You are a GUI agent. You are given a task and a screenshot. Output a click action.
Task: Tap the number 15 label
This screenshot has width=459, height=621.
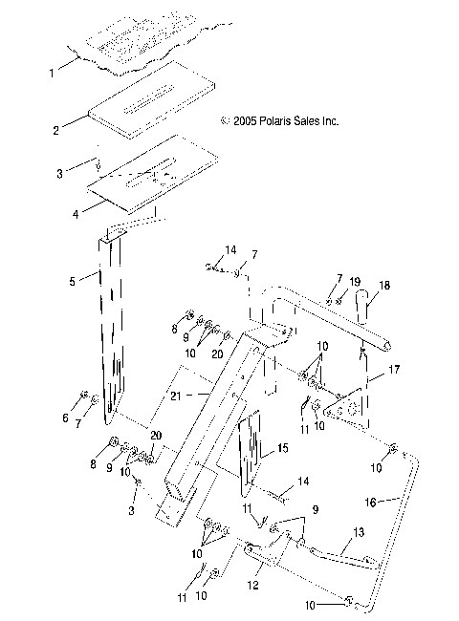coord(281,447)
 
